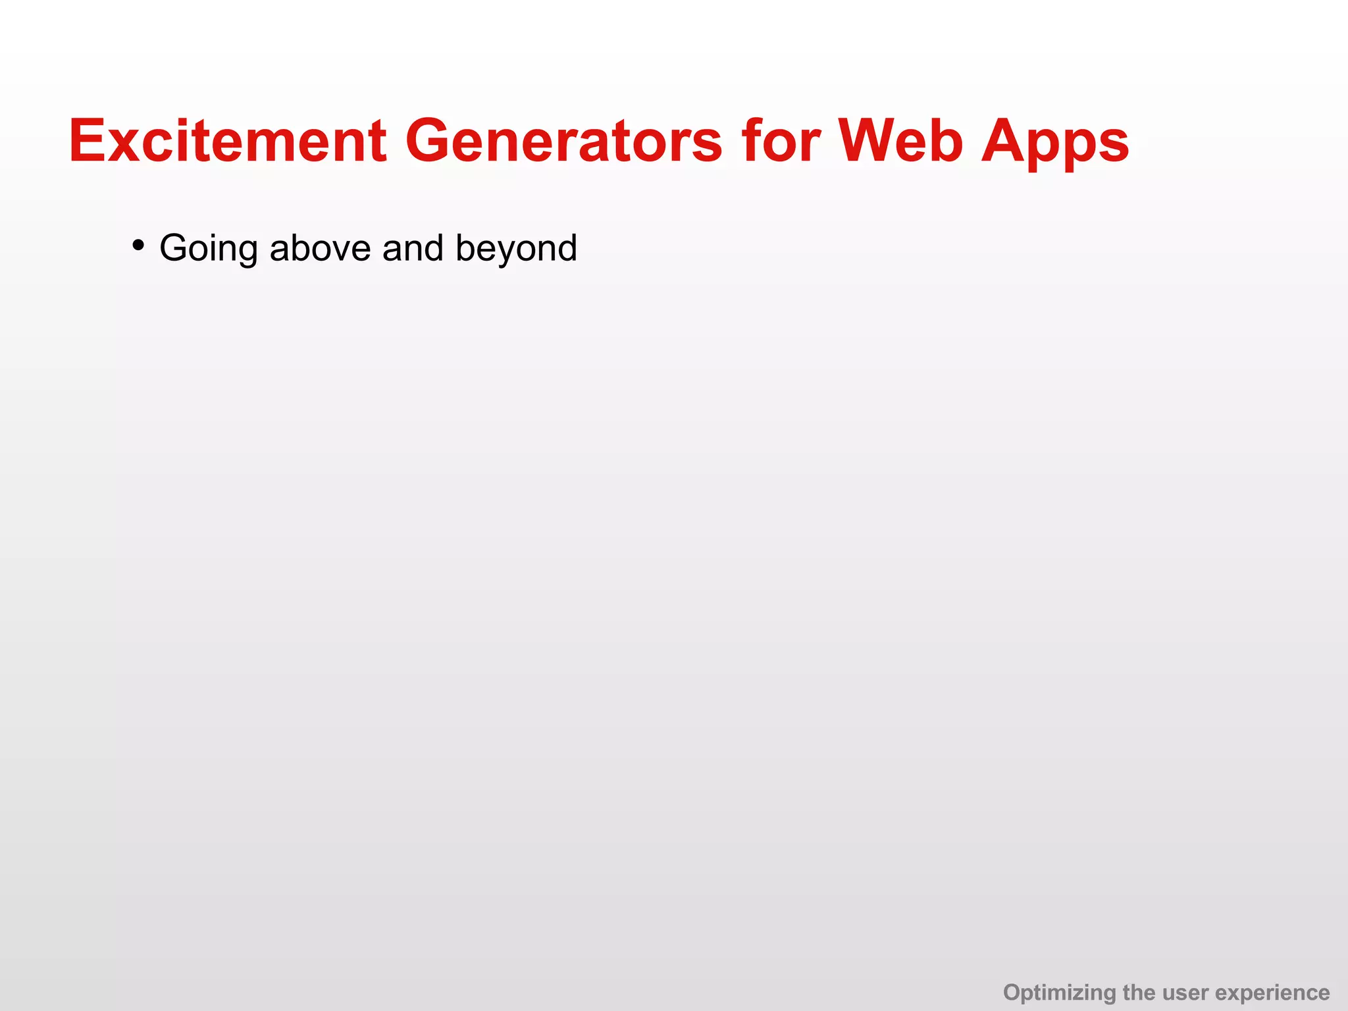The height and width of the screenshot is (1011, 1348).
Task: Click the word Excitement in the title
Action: (x=228, y=141)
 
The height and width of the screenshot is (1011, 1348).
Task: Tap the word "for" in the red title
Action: (x=781, y=141)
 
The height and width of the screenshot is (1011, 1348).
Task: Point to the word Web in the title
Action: (x=901, y=141)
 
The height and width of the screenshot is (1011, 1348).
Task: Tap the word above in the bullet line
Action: (x=320, y=248)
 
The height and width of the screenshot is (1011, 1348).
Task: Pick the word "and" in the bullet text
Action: (x=413, y=248)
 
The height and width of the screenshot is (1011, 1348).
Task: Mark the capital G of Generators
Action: (x=432, y=141)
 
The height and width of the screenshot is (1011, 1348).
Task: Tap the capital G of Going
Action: (x=176, y=248)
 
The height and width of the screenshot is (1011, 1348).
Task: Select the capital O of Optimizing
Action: (x=1013, y=992)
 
